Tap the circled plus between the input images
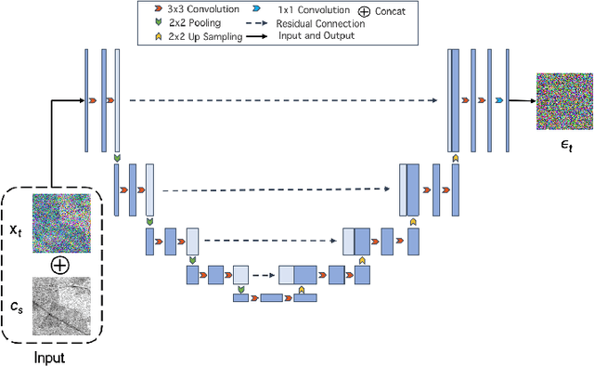coord(59,265)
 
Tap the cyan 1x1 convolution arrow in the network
coord(498,99)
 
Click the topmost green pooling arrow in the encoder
coord(116,160)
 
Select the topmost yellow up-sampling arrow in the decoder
coord(454,158)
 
